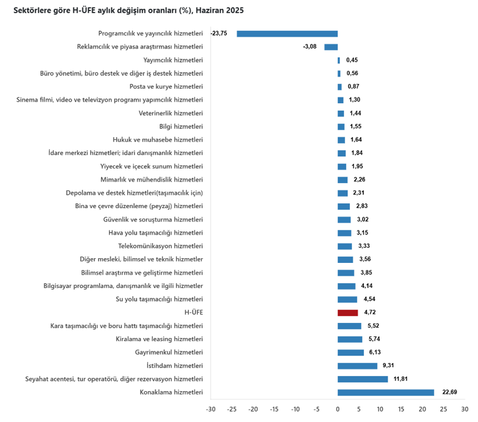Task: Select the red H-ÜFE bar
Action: click(x=347, y=312)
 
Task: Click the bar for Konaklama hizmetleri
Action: click(x=386, y=392)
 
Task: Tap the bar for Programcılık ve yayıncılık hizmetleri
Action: click(x=287, y=34)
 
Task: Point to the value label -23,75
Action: click(x=219, y=34)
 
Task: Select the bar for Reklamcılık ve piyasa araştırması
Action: click(x=331, y=47)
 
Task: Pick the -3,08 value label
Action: click(x=310, y=47)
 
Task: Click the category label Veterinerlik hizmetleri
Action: click(x=171, y=113)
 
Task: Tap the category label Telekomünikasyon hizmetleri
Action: click(x=160, y=246)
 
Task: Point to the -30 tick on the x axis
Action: click(x=211, y=409)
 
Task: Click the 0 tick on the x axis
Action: click(x=338, y=409)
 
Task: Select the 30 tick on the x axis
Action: click(x=465, y=409)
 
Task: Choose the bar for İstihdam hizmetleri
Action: click(x=357, y=365)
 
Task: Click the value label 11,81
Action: click(x=401, y=379)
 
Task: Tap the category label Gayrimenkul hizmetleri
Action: click(x=169, y=352)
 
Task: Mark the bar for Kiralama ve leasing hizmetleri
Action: click(x=350, y=339)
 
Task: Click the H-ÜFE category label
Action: click(x=194, y=312)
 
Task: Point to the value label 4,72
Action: click(x=370, y=312)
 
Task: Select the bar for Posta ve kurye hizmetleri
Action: click(x=340, y=87)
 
